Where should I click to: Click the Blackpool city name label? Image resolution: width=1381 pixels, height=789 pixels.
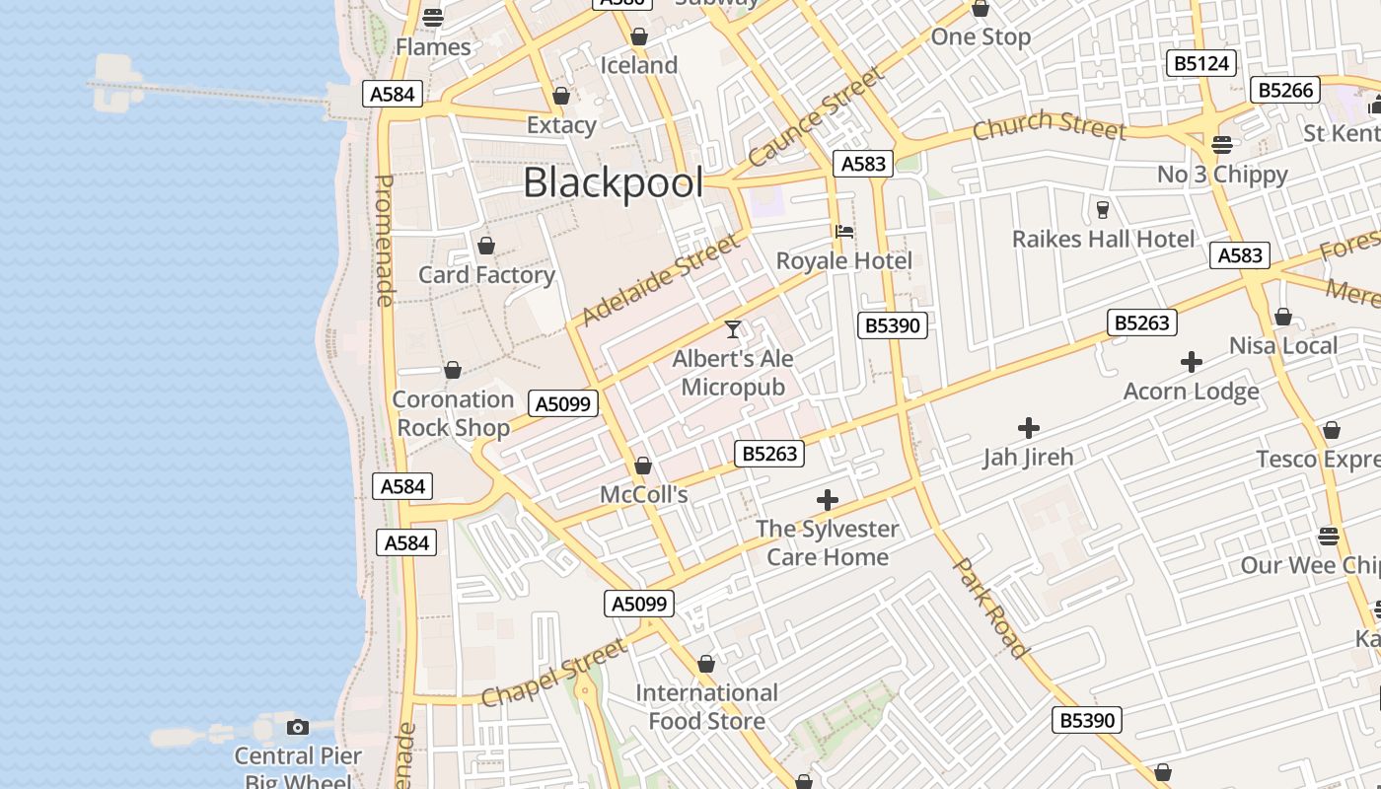coord(613,183)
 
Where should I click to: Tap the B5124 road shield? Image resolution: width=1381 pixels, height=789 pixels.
coord(1201,64)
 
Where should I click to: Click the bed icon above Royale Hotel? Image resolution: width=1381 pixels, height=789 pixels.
coord(844,232)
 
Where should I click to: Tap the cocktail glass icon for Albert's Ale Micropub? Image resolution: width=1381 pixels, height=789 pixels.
coord(732,329)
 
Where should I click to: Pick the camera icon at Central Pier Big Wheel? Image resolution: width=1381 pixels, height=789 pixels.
coord(297,728)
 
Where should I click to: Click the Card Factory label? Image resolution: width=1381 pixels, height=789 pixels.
coord(486,275)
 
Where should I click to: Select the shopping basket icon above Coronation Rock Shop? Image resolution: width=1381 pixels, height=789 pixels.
coord(453,371)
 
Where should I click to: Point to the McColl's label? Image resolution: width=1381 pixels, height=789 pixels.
coord(643,494)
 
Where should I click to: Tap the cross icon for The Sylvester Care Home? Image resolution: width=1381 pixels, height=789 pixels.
coord(828,500)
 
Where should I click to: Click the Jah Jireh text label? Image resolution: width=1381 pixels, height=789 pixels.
coord(1028,457)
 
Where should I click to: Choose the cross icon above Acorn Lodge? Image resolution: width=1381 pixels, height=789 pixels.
coord(1192,362)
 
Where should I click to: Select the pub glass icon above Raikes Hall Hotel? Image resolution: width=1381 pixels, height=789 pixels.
coord(1103,209)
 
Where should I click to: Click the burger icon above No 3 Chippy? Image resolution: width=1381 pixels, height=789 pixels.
coord(1222,145)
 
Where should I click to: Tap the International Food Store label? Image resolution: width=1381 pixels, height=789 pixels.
coord(706,707)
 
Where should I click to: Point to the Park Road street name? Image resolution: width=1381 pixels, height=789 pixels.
coord(991,608)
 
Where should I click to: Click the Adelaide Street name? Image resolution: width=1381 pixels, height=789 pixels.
coord(659,280)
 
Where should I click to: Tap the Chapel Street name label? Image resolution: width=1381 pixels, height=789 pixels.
coord(553,673)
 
